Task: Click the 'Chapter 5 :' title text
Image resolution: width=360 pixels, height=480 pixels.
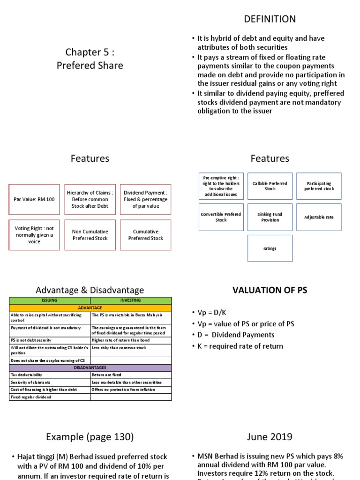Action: tap(90, 52)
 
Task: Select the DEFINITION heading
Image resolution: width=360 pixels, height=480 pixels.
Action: tap(270, 19)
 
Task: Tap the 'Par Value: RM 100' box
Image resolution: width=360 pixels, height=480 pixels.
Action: tap(34, 199)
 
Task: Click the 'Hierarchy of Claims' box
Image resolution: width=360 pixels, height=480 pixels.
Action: tap(90, 199)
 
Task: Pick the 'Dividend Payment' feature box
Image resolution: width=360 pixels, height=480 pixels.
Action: tap(146, 199)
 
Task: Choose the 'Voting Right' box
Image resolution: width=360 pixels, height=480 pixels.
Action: tap(34, 235)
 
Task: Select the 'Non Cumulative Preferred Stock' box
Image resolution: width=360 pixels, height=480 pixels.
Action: tap(90, 235)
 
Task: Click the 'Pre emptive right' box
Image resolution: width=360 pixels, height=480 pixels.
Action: tap(221, 186)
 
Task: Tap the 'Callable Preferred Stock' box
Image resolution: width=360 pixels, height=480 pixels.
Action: tap(270, 186)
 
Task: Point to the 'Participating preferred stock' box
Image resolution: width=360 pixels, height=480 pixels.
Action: tap(319, 186)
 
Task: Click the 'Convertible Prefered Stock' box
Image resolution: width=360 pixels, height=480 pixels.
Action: tap(221, 217)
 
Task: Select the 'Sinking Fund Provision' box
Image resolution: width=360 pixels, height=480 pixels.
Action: tap(270, 217)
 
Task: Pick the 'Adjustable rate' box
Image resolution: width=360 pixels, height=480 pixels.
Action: tap(319, 217)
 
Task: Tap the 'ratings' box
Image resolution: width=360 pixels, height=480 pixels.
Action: tap(270, 248)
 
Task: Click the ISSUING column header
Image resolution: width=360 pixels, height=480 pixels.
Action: tap(50, 300)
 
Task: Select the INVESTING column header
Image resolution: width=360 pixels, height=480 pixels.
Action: tap(131, 300)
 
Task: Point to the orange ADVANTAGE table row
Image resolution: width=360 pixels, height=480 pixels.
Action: tap(90, 307)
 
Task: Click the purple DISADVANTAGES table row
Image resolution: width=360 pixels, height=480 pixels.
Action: tap(90, 367)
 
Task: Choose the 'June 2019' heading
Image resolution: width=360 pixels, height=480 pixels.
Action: tap(270, 437)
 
